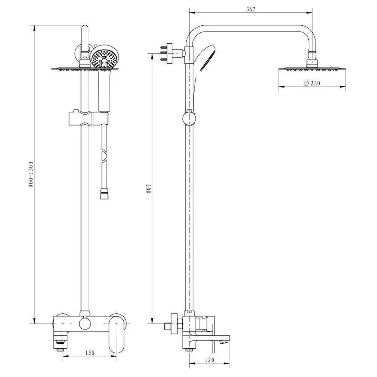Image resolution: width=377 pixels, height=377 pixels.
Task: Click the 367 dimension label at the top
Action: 251,10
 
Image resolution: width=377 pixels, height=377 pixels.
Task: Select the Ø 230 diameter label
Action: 312,83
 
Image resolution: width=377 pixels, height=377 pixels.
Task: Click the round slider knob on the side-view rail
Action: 188,118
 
